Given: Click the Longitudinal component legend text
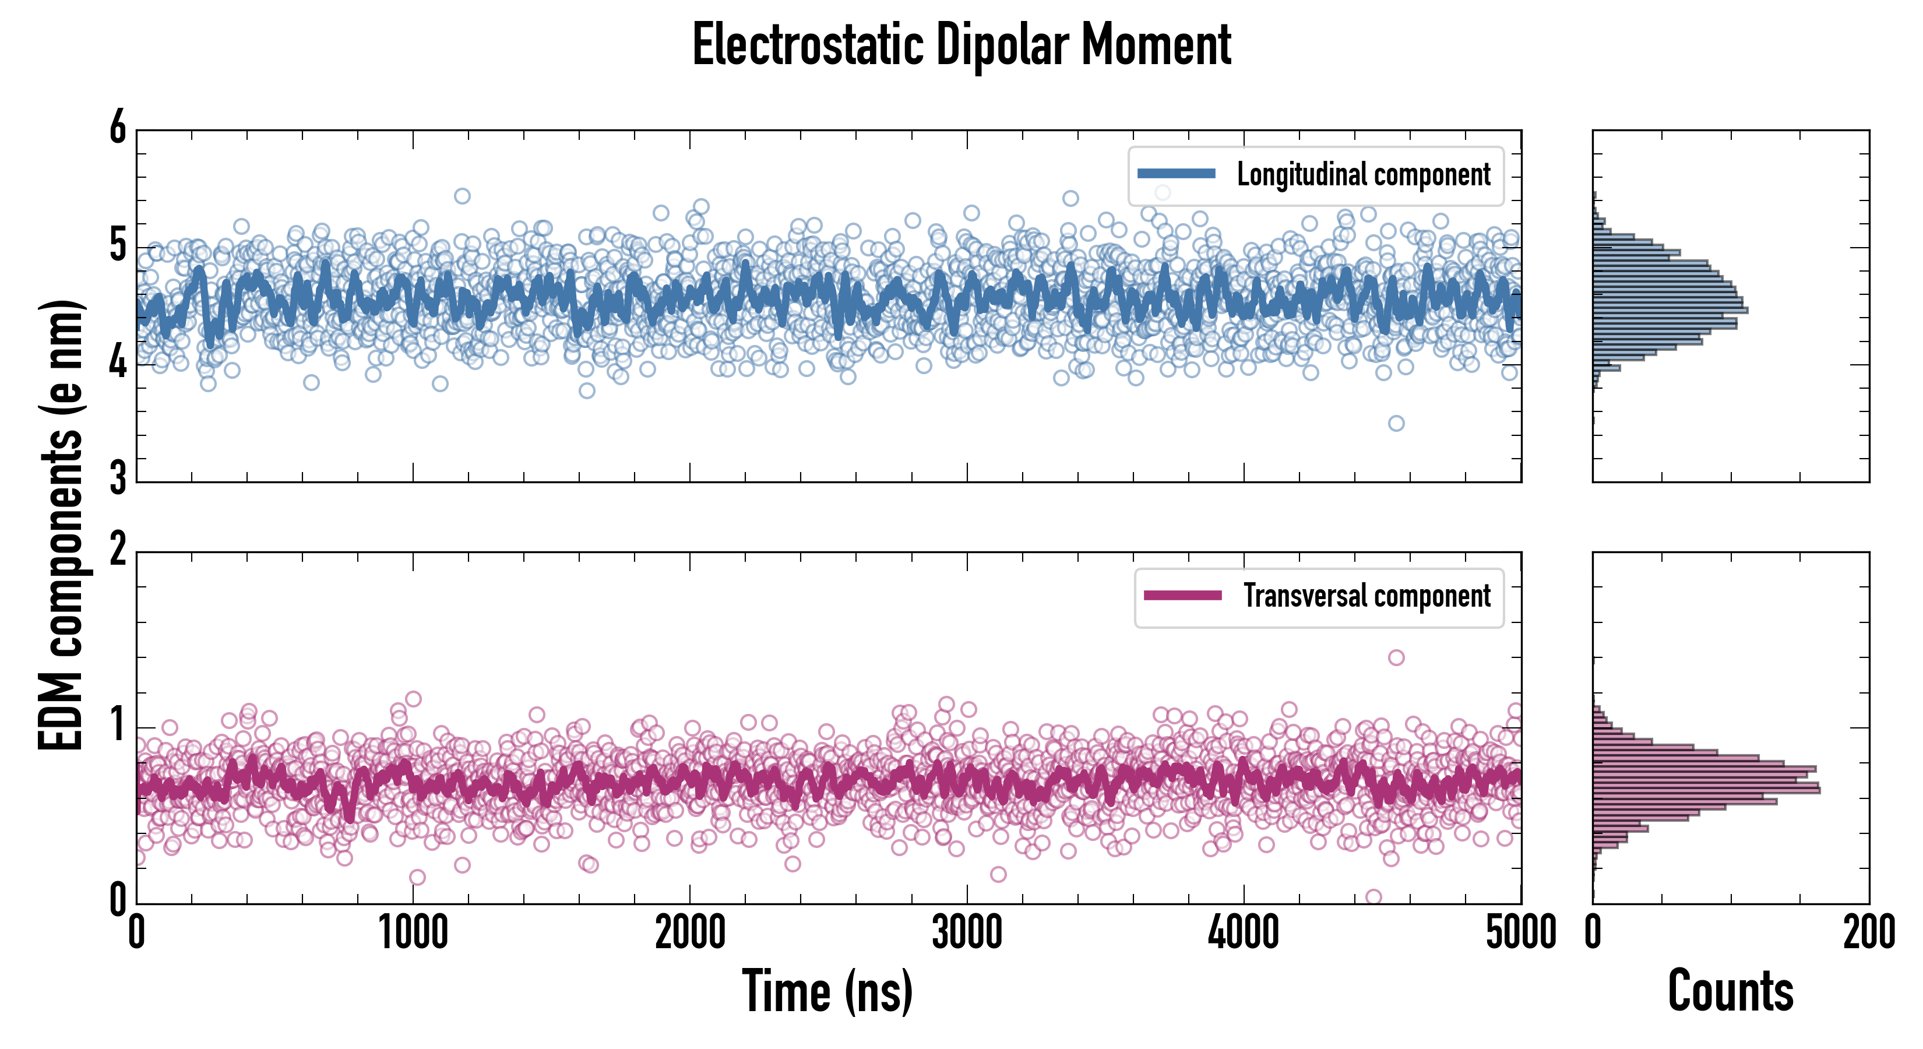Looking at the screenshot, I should pyautogui.click(x=1363, y=175).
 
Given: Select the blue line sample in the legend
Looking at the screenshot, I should pyautogui.click(x=1176, y=174).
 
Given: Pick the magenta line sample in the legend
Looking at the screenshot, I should pyautogui.click(x=1182, y=596).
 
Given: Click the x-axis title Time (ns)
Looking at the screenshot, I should pyautogui.click(x=827, y=991).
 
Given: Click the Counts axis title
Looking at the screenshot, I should pyautogui.click(x=1730, y=991).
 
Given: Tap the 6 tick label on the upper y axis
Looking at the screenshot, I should pyautogui.click(x=118, y=128).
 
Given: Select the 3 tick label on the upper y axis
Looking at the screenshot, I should pyautogui.click(x=118, y=478).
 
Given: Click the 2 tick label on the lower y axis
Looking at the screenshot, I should pyautogui.click(x=118, y=550).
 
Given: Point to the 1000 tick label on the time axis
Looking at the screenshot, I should pyautogui.click(x=413, y=933).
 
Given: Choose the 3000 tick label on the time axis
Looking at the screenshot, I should pyautogui.click(x=967, y=933).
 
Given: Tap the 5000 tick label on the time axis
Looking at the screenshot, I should pyautogui.click(x=1521, y=933).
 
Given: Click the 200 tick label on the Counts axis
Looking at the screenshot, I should pyautogui.click(x=1868, y=933).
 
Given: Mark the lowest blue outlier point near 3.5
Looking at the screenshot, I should pyautogui.click(x=1396, y=423).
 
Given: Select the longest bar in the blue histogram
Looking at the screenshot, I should pyautogui.click(x=1670, y=310).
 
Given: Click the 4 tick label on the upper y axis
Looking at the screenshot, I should pyautogui.click(x=118, y=364).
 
